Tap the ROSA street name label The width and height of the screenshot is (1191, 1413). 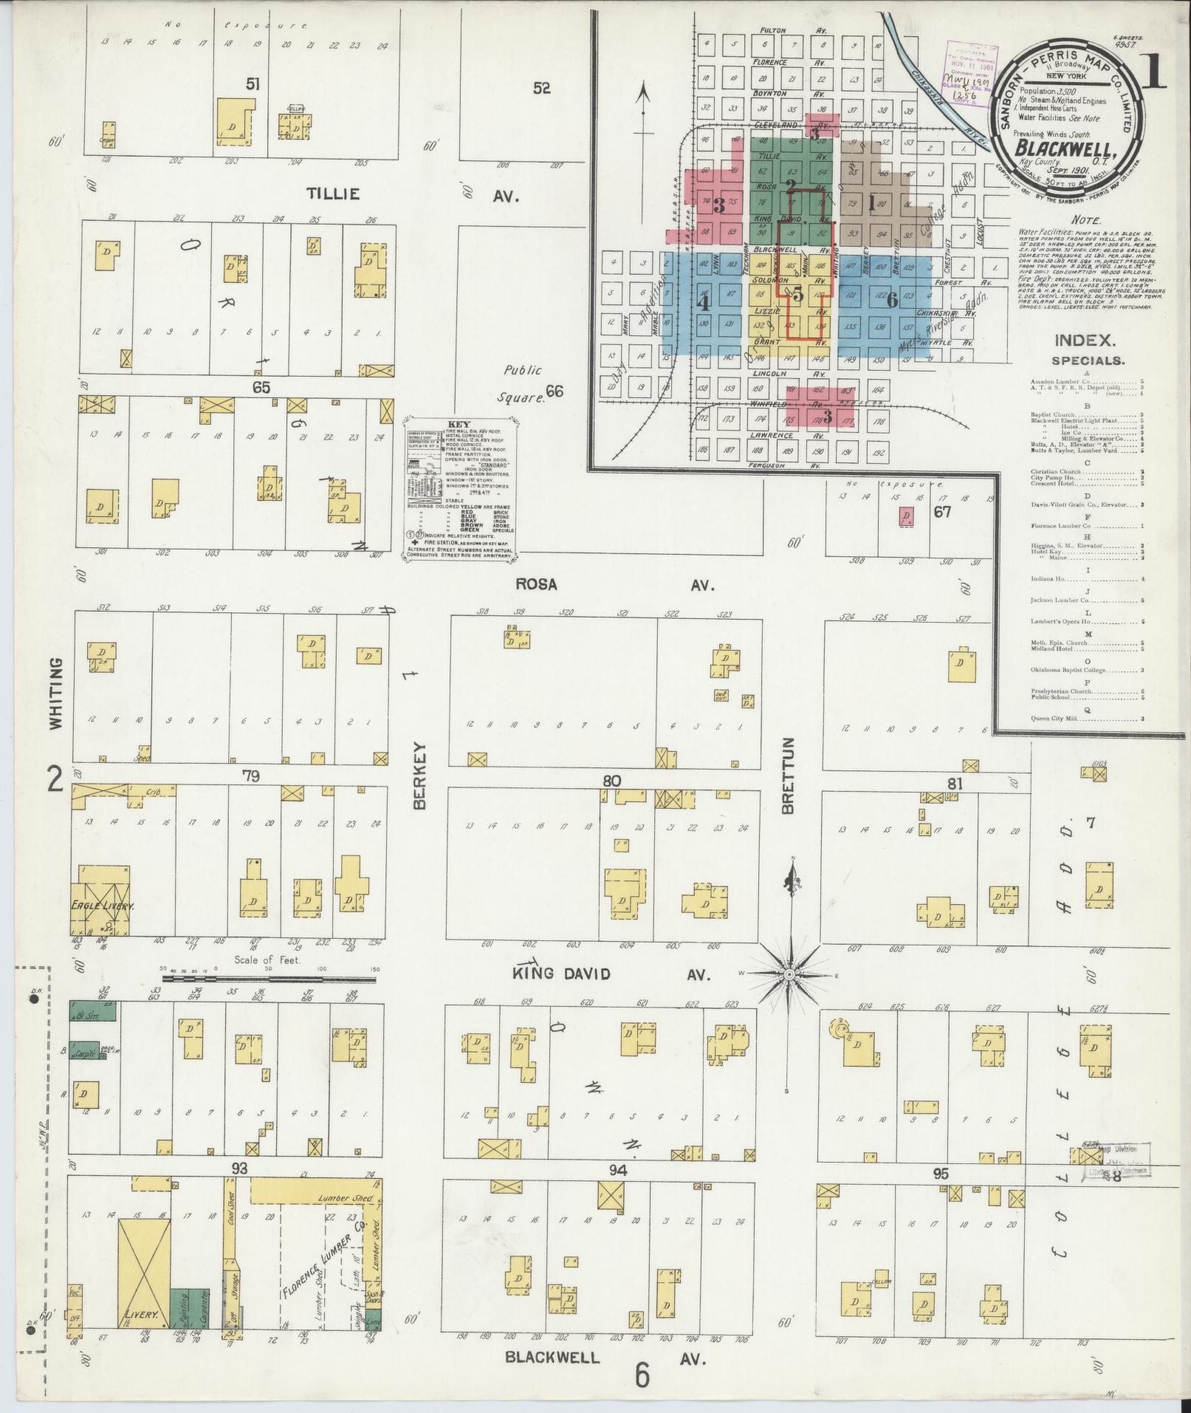(535, 585)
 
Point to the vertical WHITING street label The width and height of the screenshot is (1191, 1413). (56, 694)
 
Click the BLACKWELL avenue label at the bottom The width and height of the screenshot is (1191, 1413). (552, 1358)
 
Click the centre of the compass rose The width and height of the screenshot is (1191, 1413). (789, 975)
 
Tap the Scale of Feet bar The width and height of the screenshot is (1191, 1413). (269, 979)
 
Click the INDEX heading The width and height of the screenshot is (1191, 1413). (1083, 341)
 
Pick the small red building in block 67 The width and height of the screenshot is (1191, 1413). (905, 517)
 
